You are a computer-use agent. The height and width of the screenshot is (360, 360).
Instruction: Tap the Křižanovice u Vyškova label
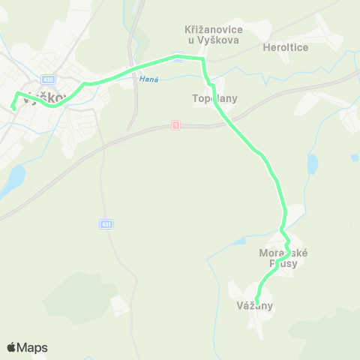[212, 34]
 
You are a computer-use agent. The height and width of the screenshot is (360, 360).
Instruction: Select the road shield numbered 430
[49, 79]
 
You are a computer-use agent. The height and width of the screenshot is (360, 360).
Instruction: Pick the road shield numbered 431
[106, 223]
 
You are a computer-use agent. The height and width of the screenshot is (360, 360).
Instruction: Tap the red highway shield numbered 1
[175, 124]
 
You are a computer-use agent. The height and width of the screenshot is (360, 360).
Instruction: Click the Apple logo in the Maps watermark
[12, 347]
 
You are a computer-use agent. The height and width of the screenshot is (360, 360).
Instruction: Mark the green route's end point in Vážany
[256, 302]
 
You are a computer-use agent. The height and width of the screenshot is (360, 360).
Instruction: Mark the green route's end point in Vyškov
[13, 109]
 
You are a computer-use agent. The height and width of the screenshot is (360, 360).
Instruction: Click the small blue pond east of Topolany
[312, 163]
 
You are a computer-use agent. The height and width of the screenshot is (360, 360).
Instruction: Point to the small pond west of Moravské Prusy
[238, 241]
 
